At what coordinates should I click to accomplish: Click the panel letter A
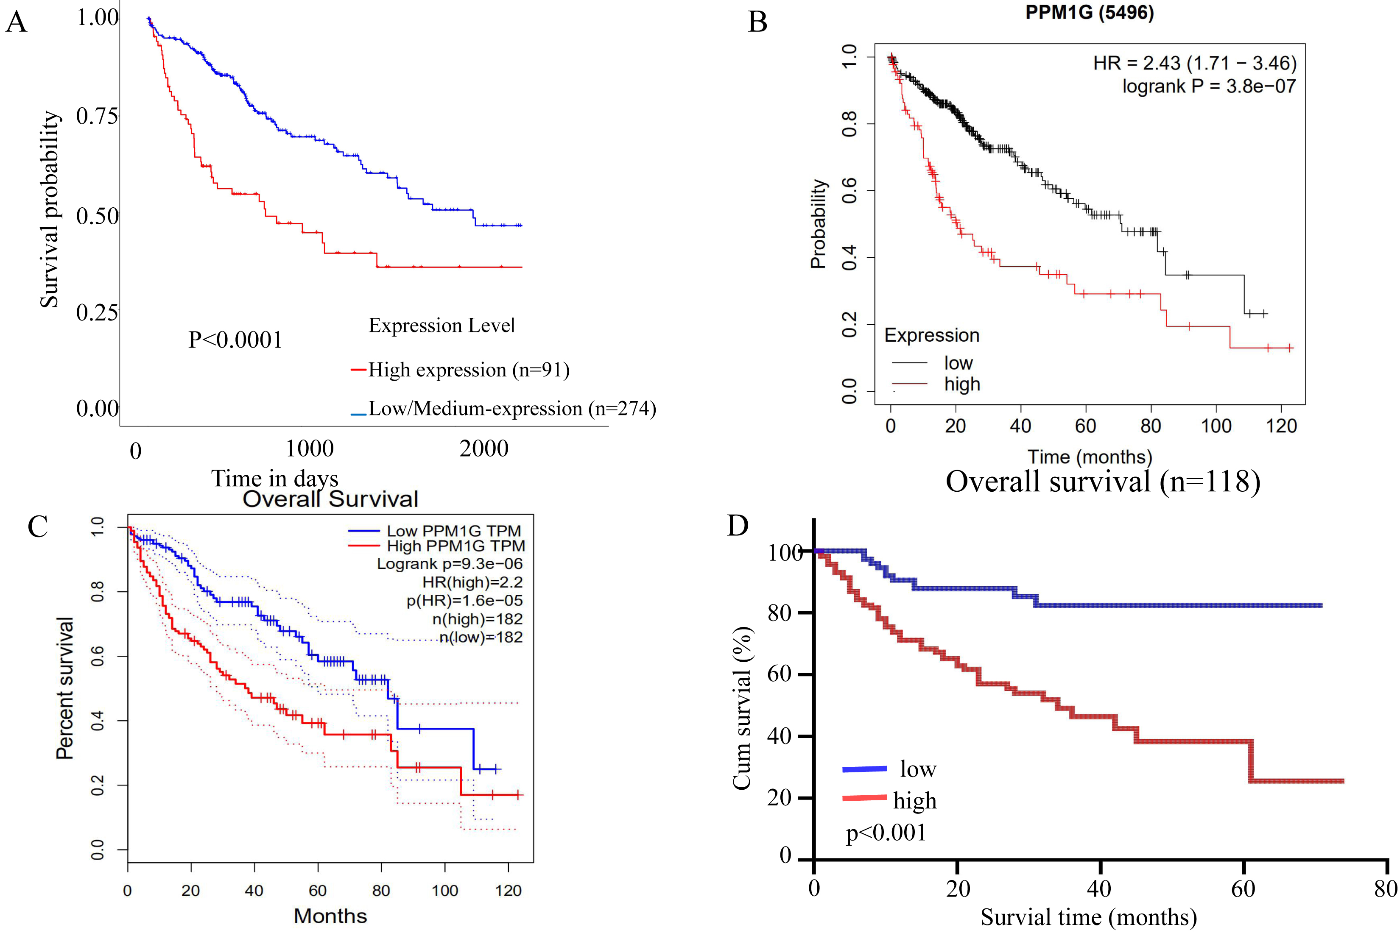[16, 22]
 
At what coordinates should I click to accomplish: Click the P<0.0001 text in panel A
[235, 340]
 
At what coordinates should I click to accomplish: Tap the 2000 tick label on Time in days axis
[484, 448]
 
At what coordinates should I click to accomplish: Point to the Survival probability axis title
[50, 209]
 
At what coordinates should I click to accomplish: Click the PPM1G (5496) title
[1089, 12]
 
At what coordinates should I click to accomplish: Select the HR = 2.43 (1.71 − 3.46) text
[1195, 63]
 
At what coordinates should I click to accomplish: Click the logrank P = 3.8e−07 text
[1209, 86]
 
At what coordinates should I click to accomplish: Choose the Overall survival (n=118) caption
[1103, 482]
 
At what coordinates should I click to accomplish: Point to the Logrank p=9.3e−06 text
[450, 563]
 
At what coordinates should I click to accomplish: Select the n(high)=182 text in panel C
[478, 619]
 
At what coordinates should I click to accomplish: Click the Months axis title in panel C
[330, 916]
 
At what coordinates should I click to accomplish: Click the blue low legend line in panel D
[864, 769]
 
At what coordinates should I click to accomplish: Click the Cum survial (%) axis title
[742, 708]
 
